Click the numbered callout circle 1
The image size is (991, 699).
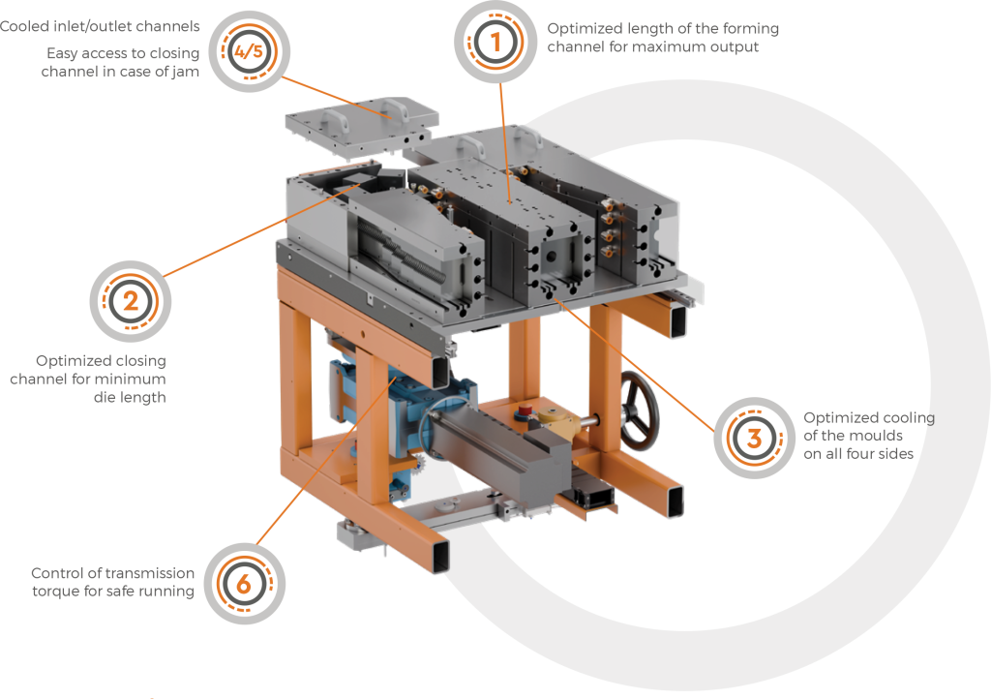click(495, 43)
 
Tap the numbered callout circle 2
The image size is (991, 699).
click(131, 301)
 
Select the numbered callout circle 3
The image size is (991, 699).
click(754, 438)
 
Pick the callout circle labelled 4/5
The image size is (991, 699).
click(249, 51)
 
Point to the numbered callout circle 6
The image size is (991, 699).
click(245, 584)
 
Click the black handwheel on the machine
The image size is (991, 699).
click(639, 410)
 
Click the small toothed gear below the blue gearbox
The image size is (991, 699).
click(418, 465)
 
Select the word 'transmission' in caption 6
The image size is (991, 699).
click(150, 573)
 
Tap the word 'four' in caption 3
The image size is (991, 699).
click(859, 454)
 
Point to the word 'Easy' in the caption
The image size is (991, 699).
click(62, 53)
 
